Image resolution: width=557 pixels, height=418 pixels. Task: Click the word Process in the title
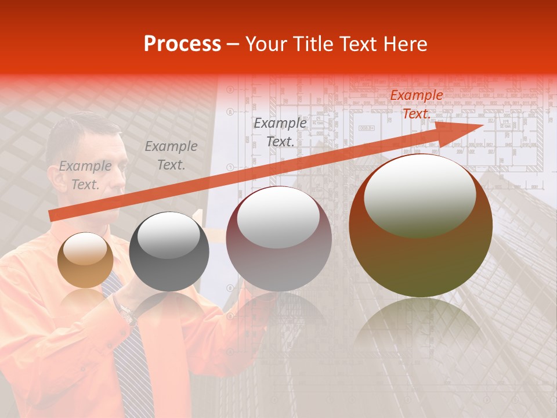pos(182,44)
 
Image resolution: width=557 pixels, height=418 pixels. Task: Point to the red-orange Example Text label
pos(416,105)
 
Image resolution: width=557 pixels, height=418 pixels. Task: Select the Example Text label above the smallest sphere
pos(85,175)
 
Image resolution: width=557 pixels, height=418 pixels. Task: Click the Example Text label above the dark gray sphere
pos(171,156)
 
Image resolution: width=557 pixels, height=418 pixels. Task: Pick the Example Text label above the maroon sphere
pos(280,132)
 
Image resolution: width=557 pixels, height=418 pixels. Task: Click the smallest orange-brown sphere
pos(85,260)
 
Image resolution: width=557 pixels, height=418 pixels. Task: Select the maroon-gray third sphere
pos(278,239)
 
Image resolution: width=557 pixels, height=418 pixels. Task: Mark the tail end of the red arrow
pos(52,216)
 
